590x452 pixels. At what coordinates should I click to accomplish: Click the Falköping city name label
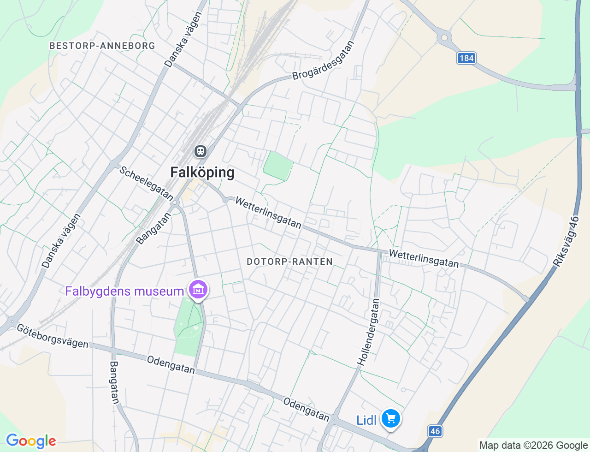202,172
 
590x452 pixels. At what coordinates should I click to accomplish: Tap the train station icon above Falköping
200,151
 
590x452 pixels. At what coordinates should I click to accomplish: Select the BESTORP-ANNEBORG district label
102,46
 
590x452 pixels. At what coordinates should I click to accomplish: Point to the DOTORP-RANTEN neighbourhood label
289,262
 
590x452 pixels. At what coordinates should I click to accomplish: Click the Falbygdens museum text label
124,291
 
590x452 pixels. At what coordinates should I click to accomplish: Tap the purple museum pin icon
199,290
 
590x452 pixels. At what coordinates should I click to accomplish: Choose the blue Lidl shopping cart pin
391,419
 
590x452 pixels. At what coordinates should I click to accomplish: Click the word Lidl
366,420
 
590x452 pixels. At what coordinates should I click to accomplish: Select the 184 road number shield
466,58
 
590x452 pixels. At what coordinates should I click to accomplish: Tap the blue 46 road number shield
435,431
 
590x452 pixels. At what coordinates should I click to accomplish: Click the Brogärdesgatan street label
324,60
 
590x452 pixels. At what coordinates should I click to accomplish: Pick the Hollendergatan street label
369,332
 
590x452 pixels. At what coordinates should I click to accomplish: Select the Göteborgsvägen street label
53,336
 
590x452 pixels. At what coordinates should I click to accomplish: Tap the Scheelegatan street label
146,183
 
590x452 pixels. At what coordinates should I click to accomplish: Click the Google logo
31,441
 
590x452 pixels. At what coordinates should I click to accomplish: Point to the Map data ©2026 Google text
533,445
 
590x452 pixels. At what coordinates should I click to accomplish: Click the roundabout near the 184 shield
444,38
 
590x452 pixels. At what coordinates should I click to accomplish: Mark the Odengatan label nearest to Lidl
306,410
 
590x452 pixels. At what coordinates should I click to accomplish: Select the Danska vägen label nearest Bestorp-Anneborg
183,40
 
